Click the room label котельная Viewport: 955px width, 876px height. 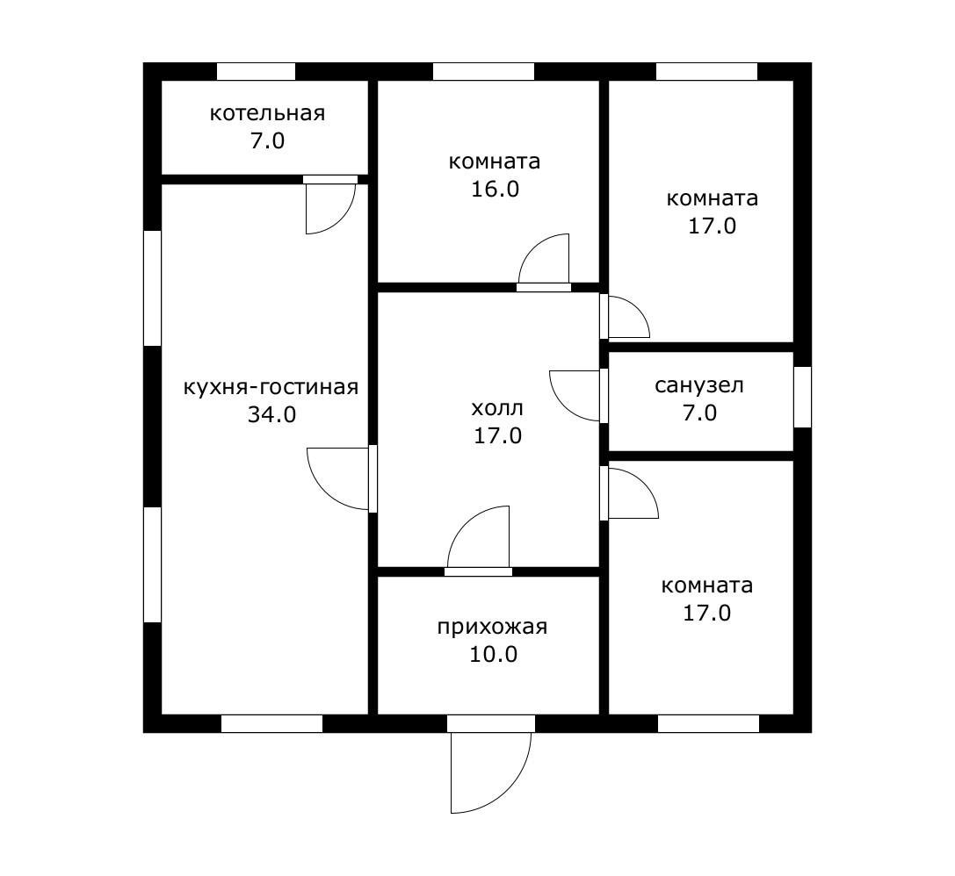pos(267,113)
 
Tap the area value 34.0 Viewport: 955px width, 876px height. pos(271,414)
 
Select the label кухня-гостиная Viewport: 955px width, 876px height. pos(271,387)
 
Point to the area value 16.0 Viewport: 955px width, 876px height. pos(495,189)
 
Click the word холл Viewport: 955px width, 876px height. pos(497,408)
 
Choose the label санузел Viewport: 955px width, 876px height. pos(699,385)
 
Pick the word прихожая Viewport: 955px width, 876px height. pos(492,627)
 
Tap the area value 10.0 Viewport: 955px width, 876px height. pos(494,654)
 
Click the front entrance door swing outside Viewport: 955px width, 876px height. pos(491,772)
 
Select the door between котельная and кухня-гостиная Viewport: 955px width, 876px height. pos(330,205)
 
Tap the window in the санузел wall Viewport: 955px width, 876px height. pos(803,397)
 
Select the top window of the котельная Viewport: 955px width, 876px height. pos(256,71)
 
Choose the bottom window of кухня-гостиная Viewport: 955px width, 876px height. pos(271,723)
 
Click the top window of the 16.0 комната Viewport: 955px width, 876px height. pos(483,71)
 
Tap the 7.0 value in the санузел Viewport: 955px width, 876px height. pos(699,413)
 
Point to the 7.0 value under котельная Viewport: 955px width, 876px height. pos(267,141)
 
